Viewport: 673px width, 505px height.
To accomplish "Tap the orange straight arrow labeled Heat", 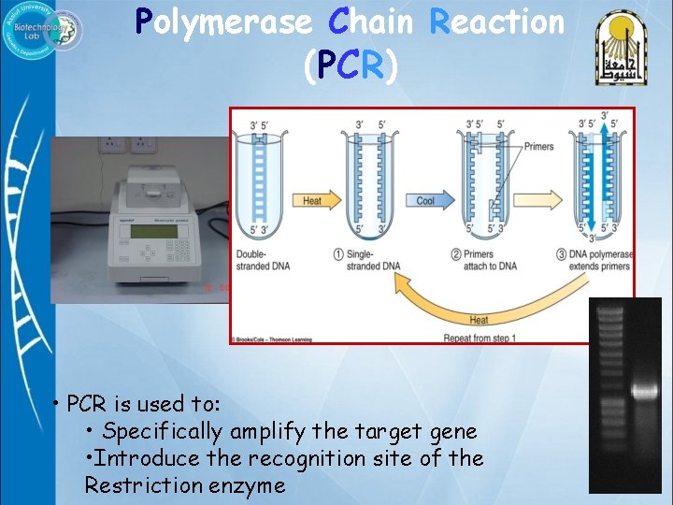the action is tap(312, 200).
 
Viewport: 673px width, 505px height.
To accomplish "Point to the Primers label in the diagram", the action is tap(538, 147).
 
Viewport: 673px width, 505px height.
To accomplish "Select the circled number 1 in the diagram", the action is tap(337, 254).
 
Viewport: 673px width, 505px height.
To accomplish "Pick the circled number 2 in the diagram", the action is tap(456, 254).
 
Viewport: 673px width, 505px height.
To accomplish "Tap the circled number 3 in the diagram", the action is tap(559, 254).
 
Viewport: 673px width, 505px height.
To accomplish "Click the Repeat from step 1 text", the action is tap(478, 337).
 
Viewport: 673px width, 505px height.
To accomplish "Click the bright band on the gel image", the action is tap(645, 391).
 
